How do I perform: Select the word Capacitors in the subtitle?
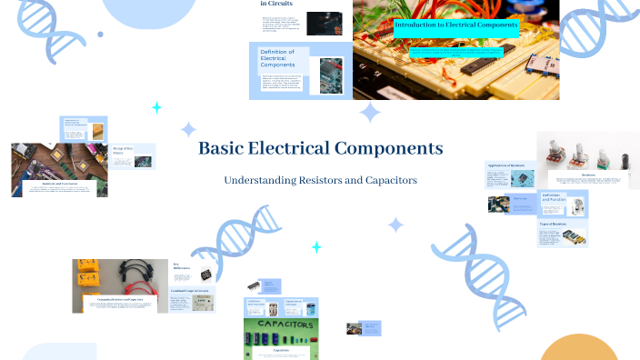tap(385, 181)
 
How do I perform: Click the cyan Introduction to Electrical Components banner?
tap(455, 25)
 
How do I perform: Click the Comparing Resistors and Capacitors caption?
tap(121, 298)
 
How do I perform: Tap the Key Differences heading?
tap(182, 266)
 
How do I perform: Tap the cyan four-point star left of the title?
tap(156, 107)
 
